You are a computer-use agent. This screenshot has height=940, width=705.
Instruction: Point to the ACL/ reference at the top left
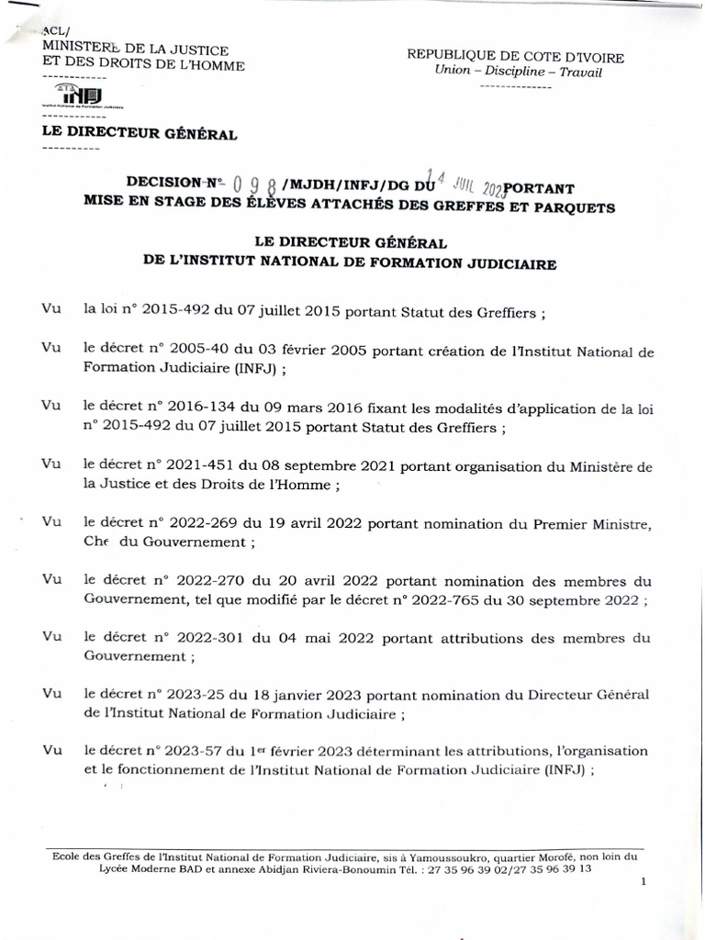(x=56, y=34)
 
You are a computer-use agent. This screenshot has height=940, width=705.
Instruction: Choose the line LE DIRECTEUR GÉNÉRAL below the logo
(x=140, y=135)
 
